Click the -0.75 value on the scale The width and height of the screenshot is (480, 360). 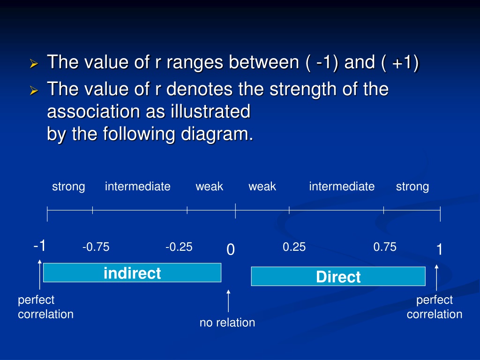point(96,247)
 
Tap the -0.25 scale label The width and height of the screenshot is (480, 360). point(179,247)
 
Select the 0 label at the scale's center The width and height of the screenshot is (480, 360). point(231,249)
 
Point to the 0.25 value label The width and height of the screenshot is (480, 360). point(294,247)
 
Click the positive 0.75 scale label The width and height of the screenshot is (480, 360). point(385,247)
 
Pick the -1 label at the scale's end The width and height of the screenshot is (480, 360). point(39,246)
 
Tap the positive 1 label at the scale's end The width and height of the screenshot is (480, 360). point(439,249)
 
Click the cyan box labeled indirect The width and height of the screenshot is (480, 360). point(132,272)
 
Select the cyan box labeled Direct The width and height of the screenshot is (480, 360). point(338,276)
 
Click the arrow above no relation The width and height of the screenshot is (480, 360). point(228,301)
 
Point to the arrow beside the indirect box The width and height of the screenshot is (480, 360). point(40,275)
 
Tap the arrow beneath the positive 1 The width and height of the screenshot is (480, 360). point(436,277)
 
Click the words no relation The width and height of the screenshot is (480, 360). point(227,322)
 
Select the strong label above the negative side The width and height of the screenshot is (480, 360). point(68,187)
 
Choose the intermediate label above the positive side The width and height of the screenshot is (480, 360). point(342,186)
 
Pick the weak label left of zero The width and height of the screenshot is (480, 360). point(210,186)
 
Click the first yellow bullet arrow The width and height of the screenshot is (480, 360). point(34,64)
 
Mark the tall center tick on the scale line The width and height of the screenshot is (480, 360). point(235,210)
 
